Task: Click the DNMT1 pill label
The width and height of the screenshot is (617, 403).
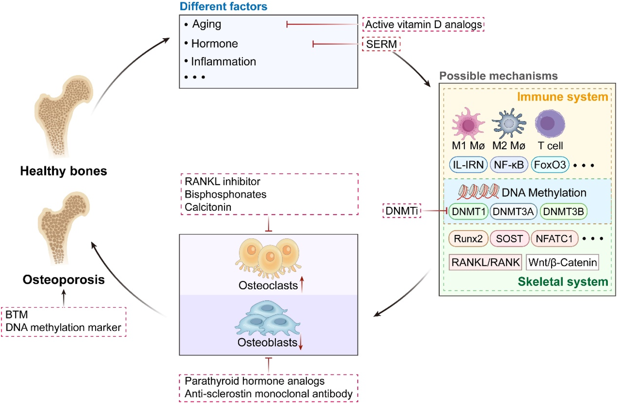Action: tap(468, 211)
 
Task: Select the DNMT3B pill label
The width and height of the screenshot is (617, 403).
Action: tap(563, 211)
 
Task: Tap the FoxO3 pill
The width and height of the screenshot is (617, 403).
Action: tap(550, 165)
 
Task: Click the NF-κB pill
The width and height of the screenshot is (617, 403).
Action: tap(509, 165)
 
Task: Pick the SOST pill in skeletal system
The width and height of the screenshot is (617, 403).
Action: tap(509, 239)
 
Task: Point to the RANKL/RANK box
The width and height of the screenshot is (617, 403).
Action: tap(485, 262)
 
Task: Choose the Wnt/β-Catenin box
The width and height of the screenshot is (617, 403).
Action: tap(562, 262)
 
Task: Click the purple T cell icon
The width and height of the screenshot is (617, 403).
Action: tap(549, 123)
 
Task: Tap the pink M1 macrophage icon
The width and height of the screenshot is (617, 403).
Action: tap(468, 124)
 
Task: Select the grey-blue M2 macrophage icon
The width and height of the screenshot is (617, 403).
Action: tap(509, 124)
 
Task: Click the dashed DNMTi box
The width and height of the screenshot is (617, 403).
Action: tap(401, 211)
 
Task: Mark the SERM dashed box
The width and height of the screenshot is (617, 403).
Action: tap(381, 44)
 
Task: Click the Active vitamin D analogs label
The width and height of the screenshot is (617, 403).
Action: tap(423, 24)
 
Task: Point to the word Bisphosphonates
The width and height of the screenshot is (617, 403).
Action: tap(225, 194)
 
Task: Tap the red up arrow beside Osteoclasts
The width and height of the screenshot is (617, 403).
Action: tap(302, 284)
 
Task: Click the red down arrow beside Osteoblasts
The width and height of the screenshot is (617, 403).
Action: tap(301, 342)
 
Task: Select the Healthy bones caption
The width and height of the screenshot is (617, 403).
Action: tap(63, 171)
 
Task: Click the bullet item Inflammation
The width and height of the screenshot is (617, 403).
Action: tap(223, 62)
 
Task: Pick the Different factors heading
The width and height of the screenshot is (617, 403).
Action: tap(223, 6)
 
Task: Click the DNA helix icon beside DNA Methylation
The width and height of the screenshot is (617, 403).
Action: tap(478, 192)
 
